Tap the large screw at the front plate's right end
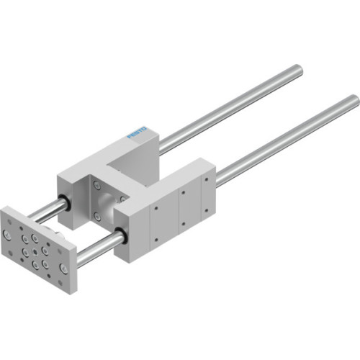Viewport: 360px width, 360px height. coord(66,267)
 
